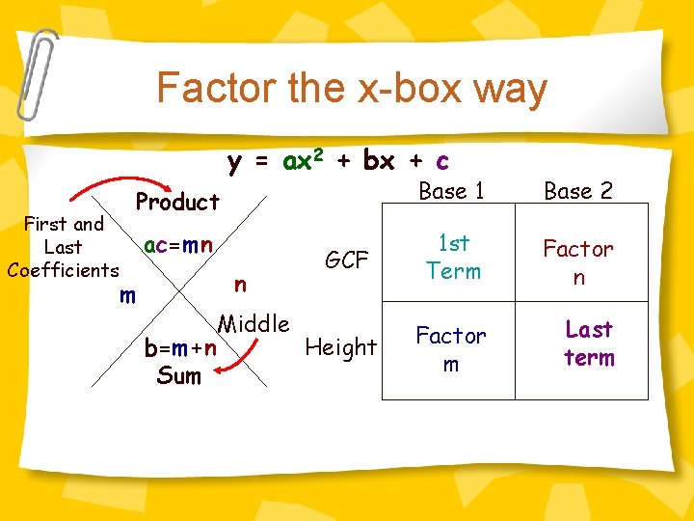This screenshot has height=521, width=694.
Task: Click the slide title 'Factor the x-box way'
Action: [352, 89]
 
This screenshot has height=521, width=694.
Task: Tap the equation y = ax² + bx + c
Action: [338, 160]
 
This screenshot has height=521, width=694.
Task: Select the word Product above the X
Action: [177, 202]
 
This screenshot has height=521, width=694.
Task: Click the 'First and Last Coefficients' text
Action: [64, 247]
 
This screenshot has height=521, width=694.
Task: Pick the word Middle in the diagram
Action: [254, 323]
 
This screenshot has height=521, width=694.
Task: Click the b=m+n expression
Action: [179, 347]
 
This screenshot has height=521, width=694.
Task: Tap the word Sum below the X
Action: [178, 375]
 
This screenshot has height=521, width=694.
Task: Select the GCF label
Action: [347, 260]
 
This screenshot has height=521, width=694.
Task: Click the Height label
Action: [341, 347]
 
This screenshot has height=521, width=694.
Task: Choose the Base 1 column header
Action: [451, 191]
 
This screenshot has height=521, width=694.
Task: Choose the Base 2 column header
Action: [578, 191]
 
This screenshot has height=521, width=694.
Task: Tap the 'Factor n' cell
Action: [578, 262]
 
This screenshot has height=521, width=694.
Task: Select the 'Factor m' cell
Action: [451, 349]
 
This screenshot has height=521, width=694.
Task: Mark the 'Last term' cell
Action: [589, 343]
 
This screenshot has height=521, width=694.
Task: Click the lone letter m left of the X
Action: [126, 295]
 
